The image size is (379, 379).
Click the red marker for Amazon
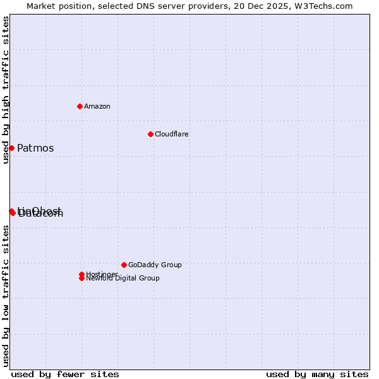[x=80, y=106]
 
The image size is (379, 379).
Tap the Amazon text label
[x=97, y=106]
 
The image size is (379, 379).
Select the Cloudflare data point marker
[x=150, y=134]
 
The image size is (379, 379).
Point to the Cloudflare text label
[x=172, y=134]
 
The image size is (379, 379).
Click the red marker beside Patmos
[x=11, y=148]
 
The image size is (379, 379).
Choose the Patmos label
[x=35, y=148]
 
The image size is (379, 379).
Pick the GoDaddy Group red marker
[x=124, y=265]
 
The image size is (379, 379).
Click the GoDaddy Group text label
[x=155, y=265]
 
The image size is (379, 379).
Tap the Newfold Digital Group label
[x=123, y=279]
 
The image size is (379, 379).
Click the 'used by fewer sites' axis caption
[x=65, y=374]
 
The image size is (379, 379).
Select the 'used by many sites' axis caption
[x=317, y=374]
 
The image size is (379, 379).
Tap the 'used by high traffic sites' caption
[x=6, y=90]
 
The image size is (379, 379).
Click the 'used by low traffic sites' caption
[x=6, y=296]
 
